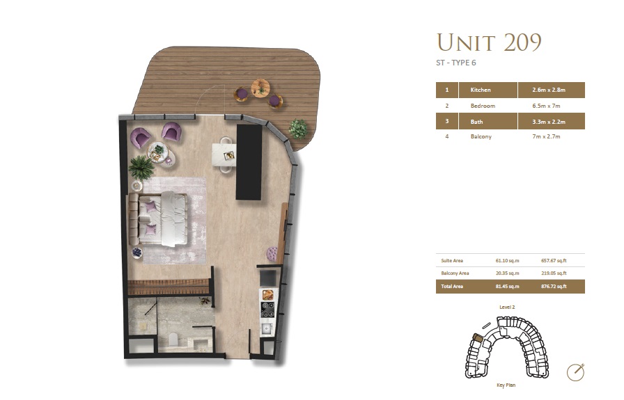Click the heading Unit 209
point(489,43)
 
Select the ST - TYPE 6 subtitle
point(456,63)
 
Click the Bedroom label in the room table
point(483,106)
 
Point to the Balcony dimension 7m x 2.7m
point(545,137)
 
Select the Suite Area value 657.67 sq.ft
point(554,261)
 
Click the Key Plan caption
point(505,385)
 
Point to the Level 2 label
point(506,307)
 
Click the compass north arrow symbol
point(575,371)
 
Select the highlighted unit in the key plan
point(477,337)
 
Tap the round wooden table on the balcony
point(260,88)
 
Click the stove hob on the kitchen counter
point(267,307)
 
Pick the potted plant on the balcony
point(298,128)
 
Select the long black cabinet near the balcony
point(249,162)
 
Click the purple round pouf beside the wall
point(272,254)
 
